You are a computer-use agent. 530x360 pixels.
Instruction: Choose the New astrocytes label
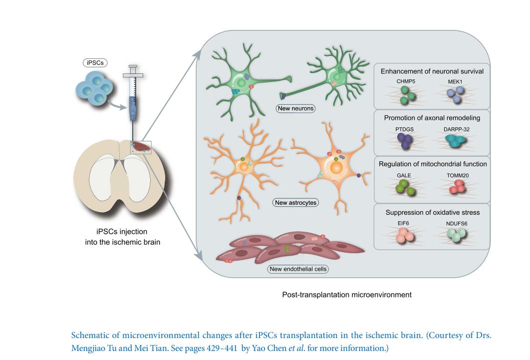pyautogui.click(x=296, y=203)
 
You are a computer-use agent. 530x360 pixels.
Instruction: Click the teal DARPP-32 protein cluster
pyautogui.click(x=455, y=141)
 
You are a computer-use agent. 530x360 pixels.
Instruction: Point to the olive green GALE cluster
pyautogui.click(x=404, y=188)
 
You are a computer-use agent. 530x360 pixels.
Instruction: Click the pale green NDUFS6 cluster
pyautogui.click(x=456, y=234)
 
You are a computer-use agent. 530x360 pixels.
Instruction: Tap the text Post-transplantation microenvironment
pyautogui.click(x=347, y=295)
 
